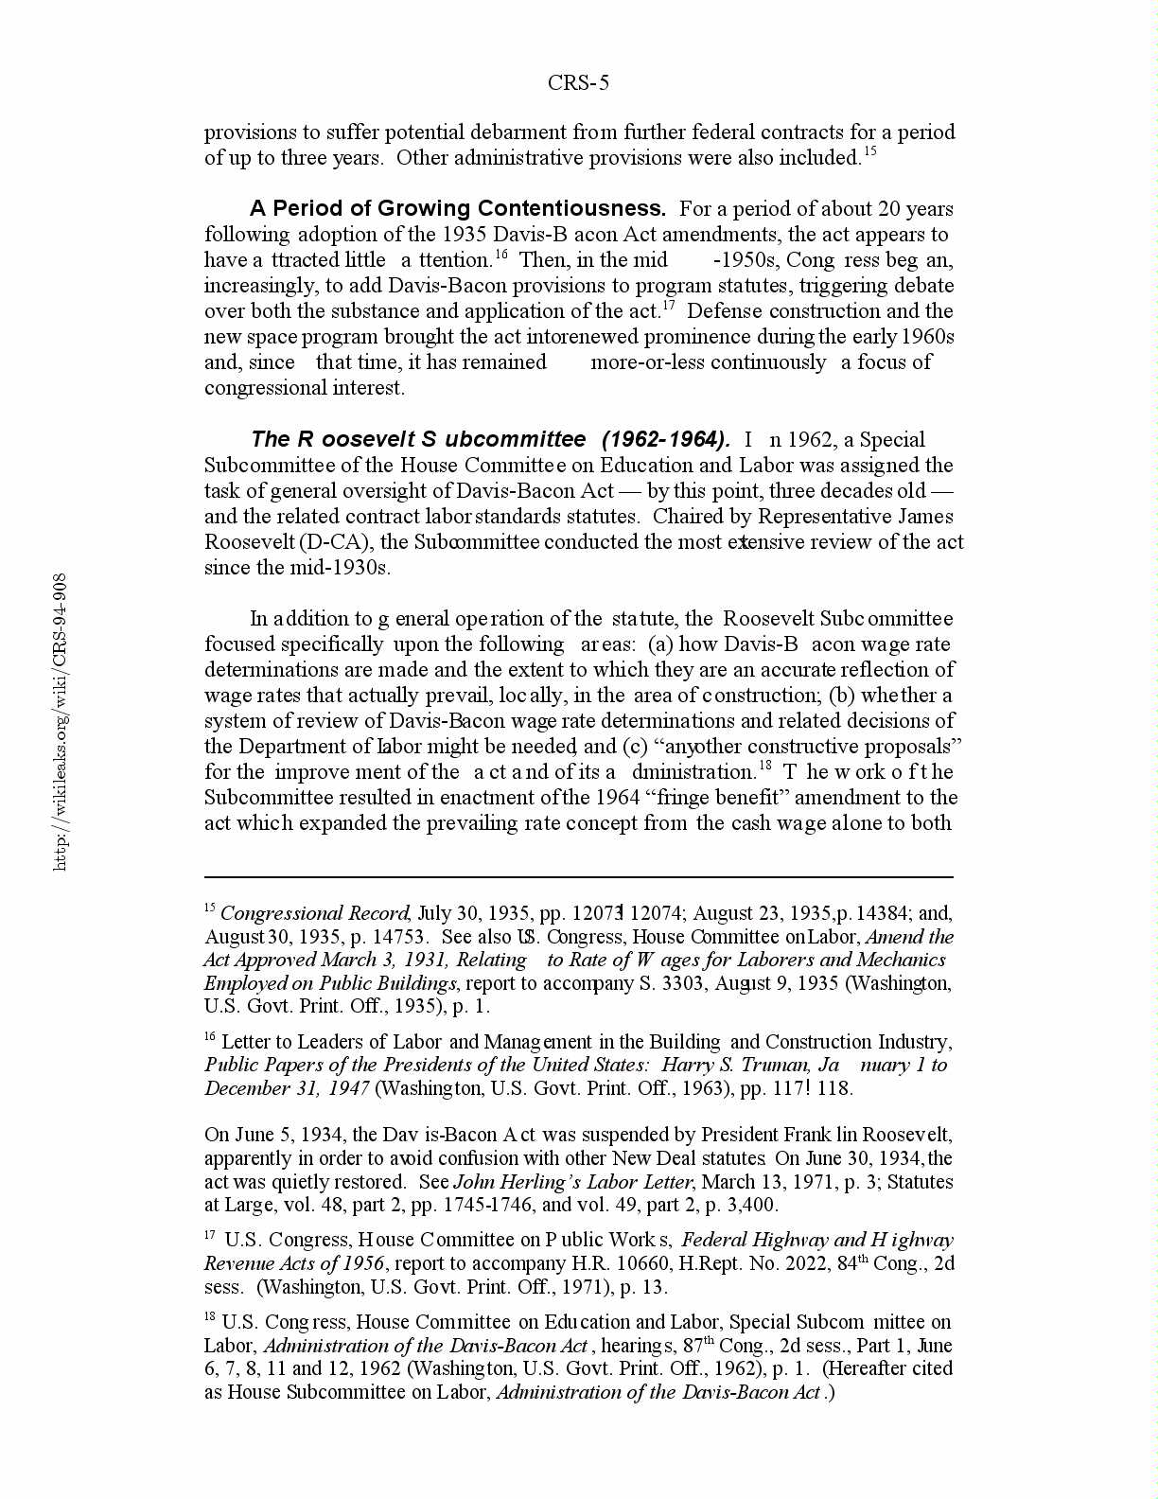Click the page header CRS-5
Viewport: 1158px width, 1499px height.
[578, 83]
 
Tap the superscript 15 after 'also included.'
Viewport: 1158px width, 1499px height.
[869, 151]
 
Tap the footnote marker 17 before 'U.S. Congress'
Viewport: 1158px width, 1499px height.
[210, 1235]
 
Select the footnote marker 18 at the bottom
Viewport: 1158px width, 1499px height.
[210, 1317]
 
